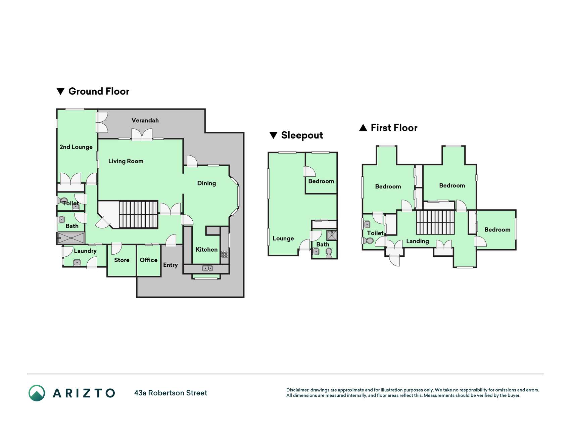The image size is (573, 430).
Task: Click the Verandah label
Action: coord(145,120)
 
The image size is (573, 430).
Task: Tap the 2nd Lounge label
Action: coord(76,147)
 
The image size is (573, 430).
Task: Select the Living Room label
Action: coord(126,161)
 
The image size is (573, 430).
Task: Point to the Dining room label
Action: coord(206,183)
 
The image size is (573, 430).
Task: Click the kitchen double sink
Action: coord(207,268)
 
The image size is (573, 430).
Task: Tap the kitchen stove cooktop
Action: coord(225,254)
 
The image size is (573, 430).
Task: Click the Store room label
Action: coord(122,260)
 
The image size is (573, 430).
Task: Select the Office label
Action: coord(148,260)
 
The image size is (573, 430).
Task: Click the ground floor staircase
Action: coord(138,215)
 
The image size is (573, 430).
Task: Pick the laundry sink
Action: coord(77,263)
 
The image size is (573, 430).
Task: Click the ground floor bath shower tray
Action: coord(71,238)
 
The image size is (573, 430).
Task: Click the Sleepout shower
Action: coord(332,235)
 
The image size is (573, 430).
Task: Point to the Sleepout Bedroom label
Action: coord(321,181)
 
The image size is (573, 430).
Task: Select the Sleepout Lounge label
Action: coord(283,239)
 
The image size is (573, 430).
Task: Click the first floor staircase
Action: coord(435,222)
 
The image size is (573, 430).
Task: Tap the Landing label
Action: coord(418,241)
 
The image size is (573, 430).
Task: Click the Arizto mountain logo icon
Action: coord(37,393)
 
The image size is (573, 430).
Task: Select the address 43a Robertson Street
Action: coord(171,393)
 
